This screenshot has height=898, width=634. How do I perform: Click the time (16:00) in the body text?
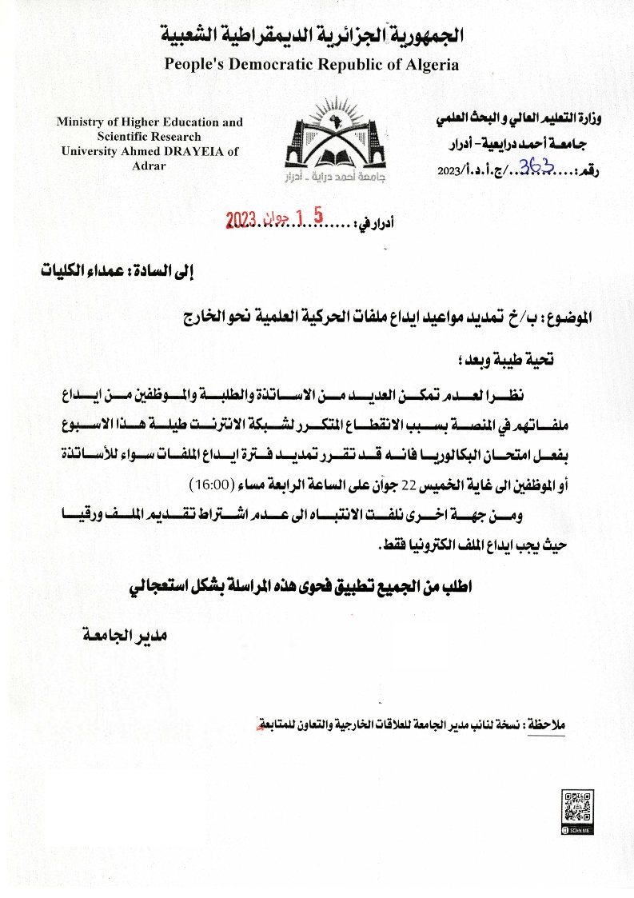coord(210,485)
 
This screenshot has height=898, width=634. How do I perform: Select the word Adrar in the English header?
coord(148,166)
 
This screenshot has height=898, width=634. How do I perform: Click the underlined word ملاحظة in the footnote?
coord(550,724)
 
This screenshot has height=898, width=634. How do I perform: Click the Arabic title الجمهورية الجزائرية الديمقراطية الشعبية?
coord(312,36)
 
